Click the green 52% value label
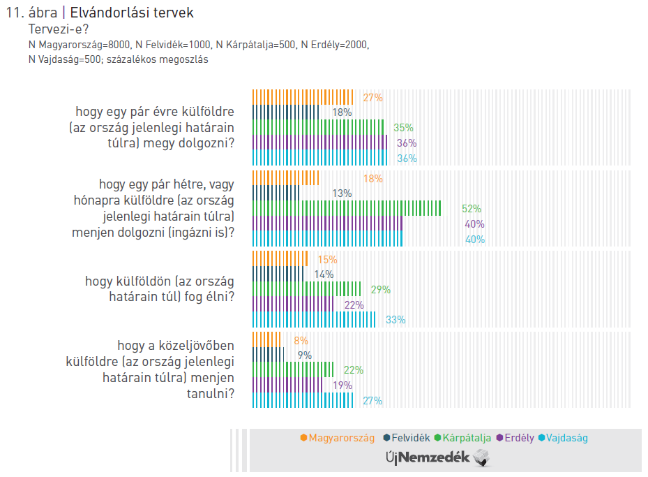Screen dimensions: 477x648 [x=472, y=209]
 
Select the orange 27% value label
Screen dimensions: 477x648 [x=373, y=98]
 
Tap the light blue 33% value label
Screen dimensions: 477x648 [x=395, y=320]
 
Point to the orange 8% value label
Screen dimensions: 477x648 [x=301, y=341]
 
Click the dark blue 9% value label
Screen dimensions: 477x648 [x=304, y=355]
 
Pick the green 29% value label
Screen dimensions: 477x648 [x=381, y=290]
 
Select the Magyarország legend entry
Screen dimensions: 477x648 [x=338, y=438]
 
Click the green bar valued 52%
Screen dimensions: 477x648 [x=346, y=208]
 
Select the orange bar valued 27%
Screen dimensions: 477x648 [x=303, y=97]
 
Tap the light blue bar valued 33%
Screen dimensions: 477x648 [x=313, y=319]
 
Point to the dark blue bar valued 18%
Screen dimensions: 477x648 [x=285, y=112]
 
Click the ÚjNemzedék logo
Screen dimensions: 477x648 [x=438, y=458]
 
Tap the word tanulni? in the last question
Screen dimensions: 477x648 [x=211, y=394]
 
